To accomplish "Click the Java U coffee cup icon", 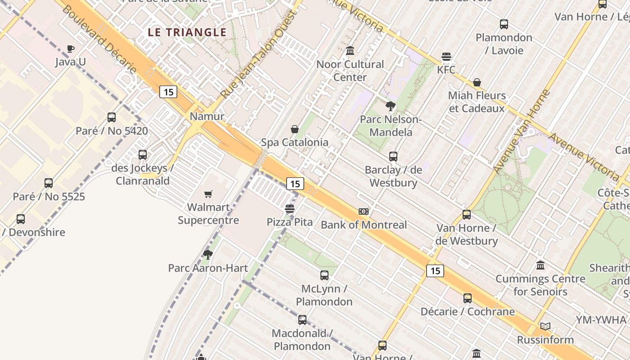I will [70, 49].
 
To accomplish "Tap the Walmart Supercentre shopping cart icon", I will [208, 194].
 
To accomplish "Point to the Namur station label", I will [207, 117].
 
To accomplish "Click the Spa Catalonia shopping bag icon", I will [295, 130].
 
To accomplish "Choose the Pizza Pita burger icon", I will [290, 209].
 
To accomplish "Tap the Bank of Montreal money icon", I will [364, 211].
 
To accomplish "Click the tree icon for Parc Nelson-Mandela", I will [391, 107].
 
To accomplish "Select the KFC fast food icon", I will [446, 57].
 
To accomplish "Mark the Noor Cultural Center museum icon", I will [350, 51].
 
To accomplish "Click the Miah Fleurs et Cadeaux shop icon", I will [477, 82].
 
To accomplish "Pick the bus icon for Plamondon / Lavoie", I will [504, 24].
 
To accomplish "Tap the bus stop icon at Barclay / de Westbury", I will [393, 157].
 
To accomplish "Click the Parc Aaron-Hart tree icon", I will [208, 255].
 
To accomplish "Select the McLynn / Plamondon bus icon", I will [324, 275].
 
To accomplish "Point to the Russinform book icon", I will [545, 326].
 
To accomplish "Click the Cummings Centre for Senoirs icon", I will [540, 265].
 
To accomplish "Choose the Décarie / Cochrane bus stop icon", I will [468, 298].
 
